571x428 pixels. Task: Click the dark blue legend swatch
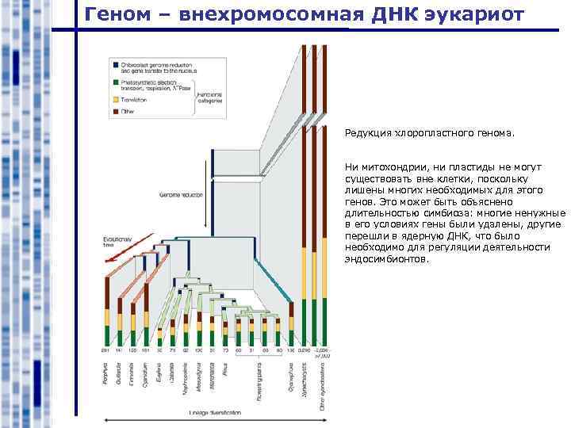pyautogui.click(x=115, y=63)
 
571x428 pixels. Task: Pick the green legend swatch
pyautogui.click(x=115, y=82)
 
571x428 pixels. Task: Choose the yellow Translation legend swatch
pyautogui.click(x=115, y=100)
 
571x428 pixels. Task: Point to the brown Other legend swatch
pyautogui.click(x=115, y=112)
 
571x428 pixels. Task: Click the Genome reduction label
pyautogui.click(x=181, y=194)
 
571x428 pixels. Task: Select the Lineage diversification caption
pyautogui.click(x=213, y=413)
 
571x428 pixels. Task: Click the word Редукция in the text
pyautogui.click(x=368, y=134)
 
